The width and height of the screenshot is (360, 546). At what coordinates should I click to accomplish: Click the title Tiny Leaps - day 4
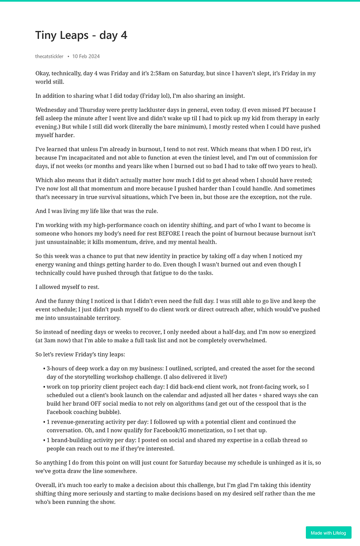(81, 35)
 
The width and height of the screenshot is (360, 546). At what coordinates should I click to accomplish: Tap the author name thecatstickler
(49, 56)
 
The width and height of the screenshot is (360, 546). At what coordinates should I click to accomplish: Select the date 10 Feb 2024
(86, 56)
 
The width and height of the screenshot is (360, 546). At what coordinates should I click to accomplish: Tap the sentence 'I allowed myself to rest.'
(68, 287)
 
